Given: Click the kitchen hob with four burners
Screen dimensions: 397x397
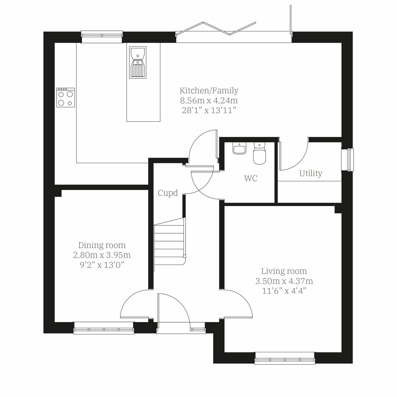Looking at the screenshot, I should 66,98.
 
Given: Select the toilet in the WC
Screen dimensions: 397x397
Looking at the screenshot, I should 259,154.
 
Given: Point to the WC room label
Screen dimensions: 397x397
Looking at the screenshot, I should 250,179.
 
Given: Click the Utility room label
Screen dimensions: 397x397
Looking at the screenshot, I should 310,173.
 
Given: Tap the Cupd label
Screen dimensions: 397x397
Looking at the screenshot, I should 168,193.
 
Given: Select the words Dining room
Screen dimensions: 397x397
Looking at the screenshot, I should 102,245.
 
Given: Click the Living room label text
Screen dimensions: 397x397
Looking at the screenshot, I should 284,271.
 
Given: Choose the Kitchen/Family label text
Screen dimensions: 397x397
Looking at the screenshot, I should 209,90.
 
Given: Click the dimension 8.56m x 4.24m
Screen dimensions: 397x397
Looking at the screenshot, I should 209,100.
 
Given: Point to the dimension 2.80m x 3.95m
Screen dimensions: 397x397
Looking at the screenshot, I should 102,255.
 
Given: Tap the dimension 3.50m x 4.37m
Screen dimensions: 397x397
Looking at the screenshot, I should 284,281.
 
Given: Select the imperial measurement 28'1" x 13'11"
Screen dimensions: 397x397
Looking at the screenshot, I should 209,110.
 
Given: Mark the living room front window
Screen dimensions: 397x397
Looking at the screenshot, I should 285,359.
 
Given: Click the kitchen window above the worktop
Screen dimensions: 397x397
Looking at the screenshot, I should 102,36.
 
